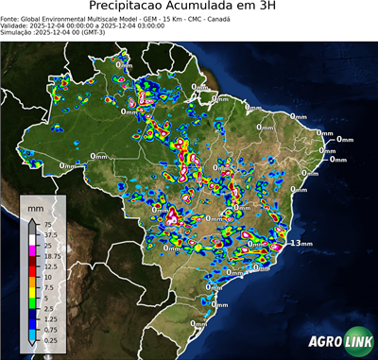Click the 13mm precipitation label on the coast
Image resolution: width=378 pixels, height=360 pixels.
coord(301,243)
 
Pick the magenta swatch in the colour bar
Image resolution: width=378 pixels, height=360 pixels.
coord(32,250)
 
